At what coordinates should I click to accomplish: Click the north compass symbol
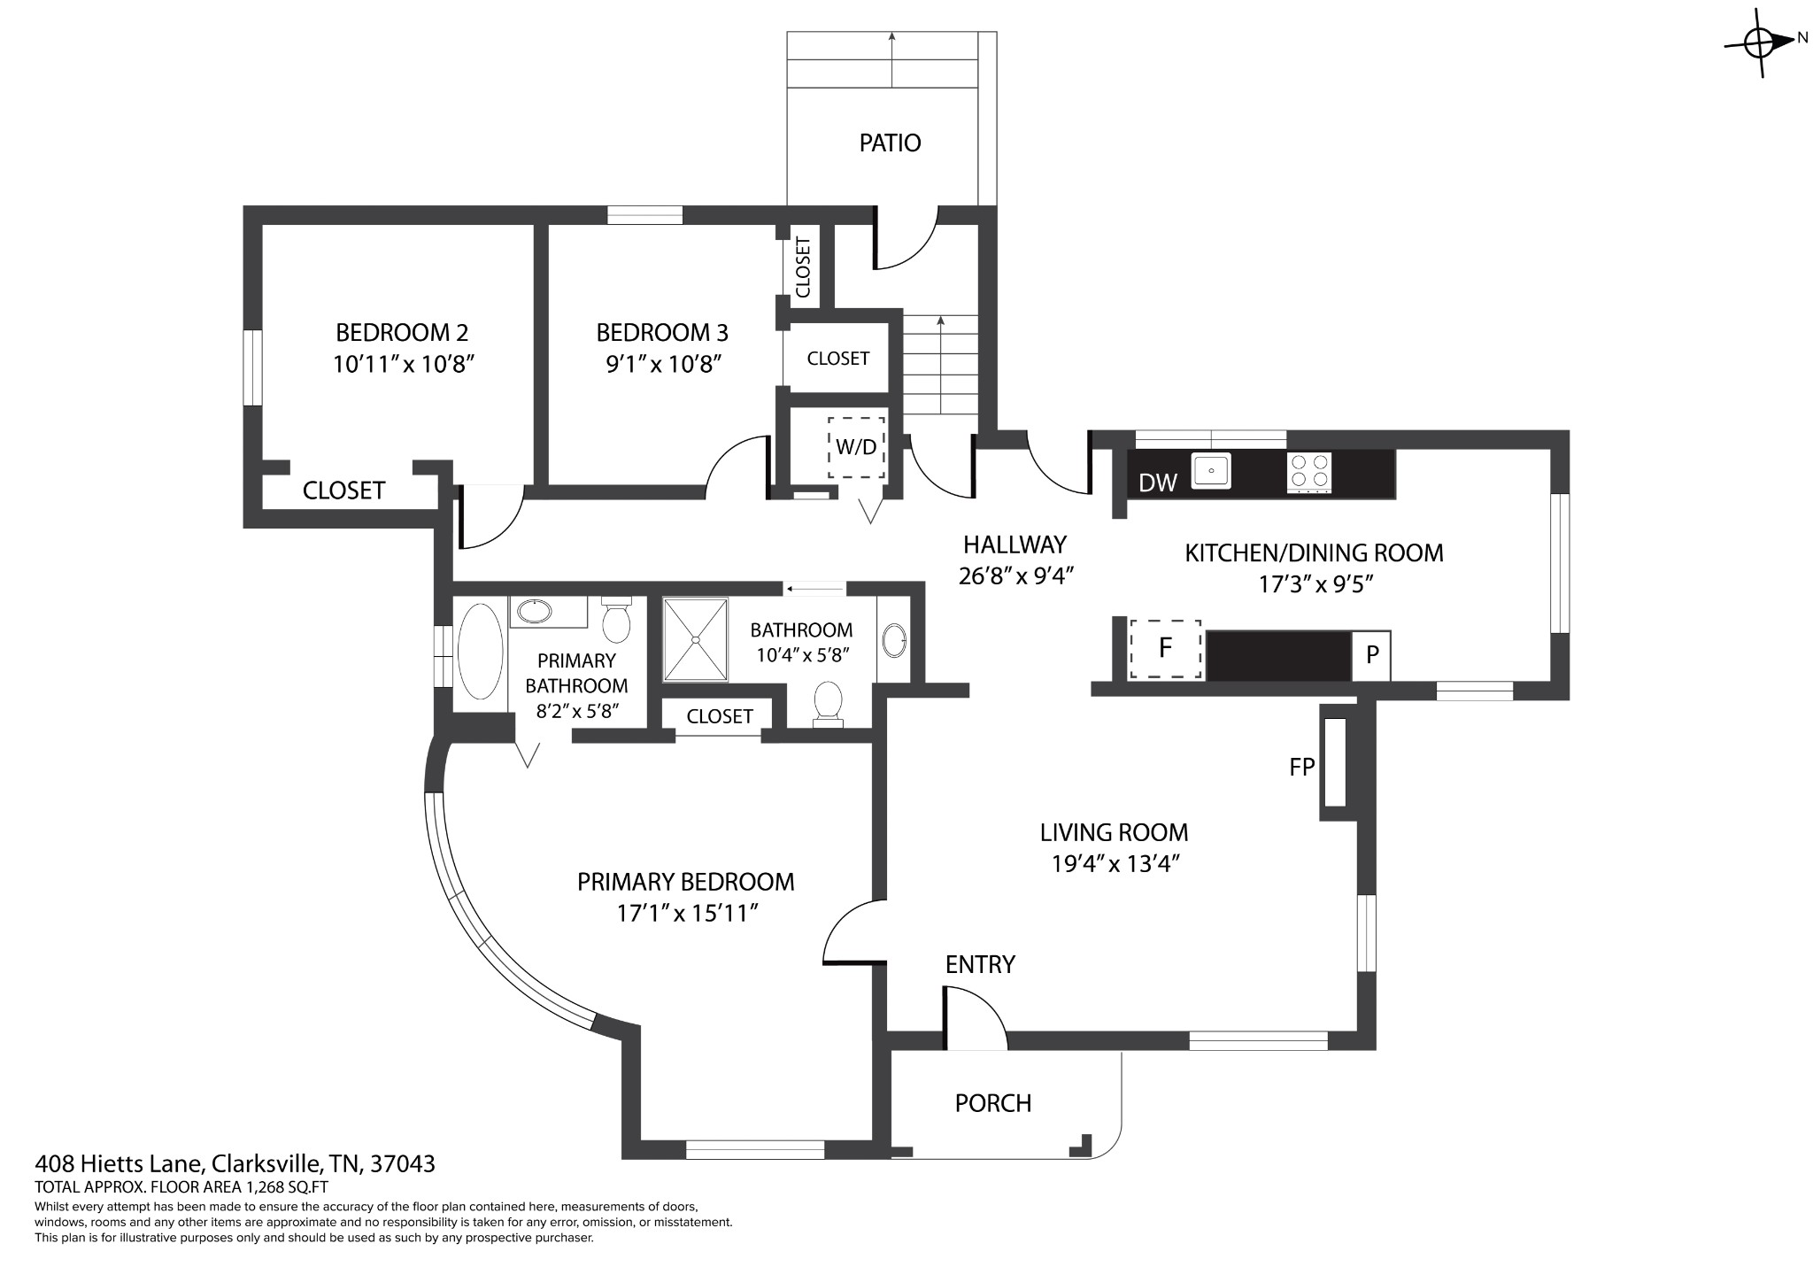[x=1759, y=42]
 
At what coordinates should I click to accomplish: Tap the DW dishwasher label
[x=1158, y=483]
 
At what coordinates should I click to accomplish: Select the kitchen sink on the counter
[x=1212, y=470]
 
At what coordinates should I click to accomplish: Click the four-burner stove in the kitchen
[x=1309, y=472]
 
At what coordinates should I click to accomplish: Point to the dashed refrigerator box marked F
[x=1165, y=648]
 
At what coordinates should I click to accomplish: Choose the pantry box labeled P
[x=1371, y=655]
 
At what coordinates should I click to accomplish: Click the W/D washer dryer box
[x=856, y=447]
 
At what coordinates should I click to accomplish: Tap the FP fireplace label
[x=1301, y=767]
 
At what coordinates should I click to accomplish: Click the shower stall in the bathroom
[x=696, y=639]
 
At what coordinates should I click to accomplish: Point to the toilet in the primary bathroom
[x=616, y=620]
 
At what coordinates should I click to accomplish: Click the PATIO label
[x=890, y=143]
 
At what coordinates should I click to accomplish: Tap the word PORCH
[x=993, y=1103]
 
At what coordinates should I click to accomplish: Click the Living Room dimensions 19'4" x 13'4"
[x=1115, y=863]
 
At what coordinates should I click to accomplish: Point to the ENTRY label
[x=980, y=964]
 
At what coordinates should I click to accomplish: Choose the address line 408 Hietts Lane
[x=235, y=1163]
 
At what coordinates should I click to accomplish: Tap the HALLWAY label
[x=1015, y=544]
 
